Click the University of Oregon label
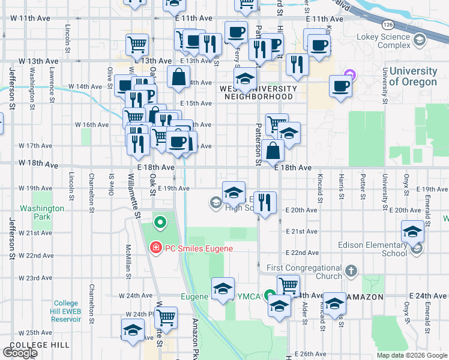tap(412, 76)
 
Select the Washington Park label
tap(41, 212)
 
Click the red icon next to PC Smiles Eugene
tap(155, 247)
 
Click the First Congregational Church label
tap(304, 272)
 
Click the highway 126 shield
tap(388, 23)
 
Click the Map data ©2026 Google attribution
tap(412, 355)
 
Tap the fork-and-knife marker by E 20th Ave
tap(265, 202)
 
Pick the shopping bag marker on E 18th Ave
tap(273, 151)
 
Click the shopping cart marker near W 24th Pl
tap(166, 317)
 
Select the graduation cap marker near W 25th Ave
tap(133, 329)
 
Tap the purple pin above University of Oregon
tap(351, 75)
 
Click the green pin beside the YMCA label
tap(271, 295)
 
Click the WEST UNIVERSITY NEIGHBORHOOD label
tap(250, 92)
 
